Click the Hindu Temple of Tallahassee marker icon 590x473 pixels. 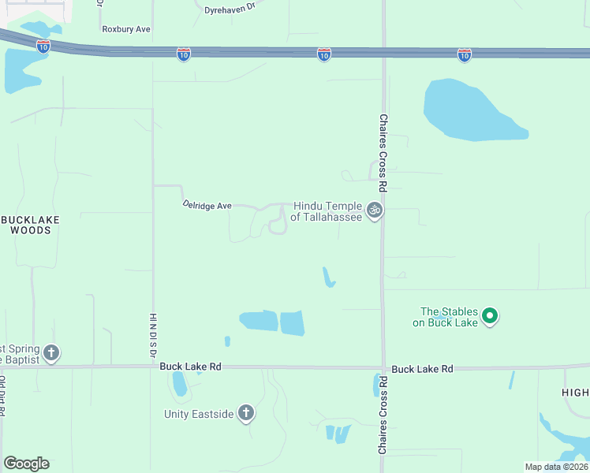(375, 210)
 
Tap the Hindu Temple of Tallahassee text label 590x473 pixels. (327, 210)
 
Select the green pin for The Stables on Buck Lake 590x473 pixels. (490, 317)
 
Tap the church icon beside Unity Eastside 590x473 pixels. (246, 413)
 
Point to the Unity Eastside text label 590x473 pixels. (200, 414)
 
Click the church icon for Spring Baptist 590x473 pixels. (51, 352)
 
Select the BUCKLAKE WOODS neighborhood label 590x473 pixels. (32, 225)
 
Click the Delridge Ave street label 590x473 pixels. (207, 205)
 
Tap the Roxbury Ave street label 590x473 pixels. (126, 29)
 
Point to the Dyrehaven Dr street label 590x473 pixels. (230, 6)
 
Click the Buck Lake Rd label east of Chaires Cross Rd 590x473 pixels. (422, 369)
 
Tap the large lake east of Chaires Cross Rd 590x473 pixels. (472, 110)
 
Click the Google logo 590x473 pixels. (26, 464)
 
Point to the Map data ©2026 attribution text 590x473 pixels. (555, 467)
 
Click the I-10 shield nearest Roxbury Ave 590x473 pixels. (43, 46)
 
